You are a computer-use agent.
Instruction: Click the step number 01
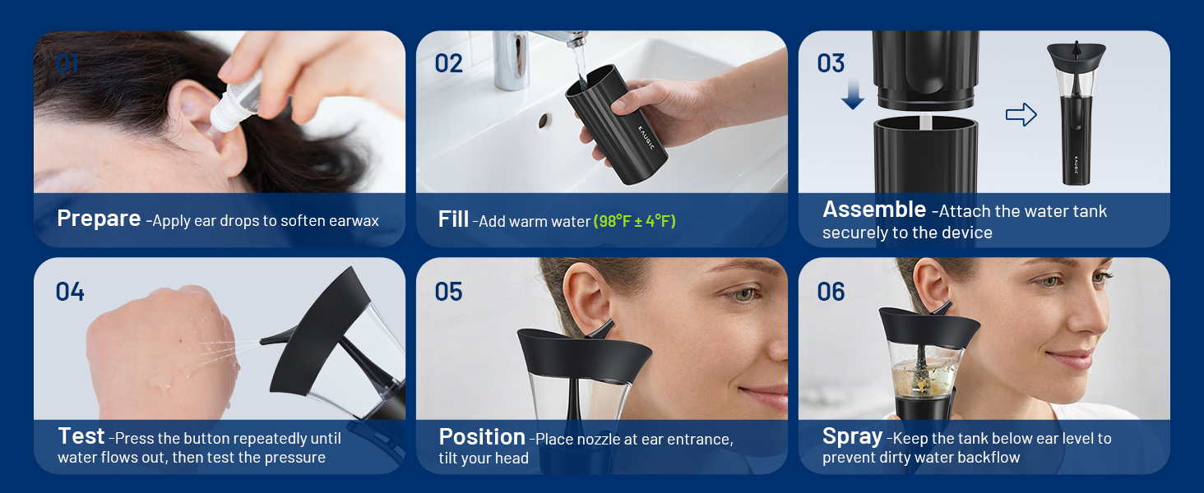pos(67,63)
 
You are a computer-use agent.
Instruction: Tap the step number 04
pos(70,292)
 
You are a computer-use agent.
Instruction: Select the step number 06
pos(831,292)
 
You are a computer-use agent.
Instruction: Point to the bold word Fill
pos(453,219)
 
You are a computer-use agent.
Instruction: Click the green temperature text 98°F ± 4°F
pos(635,221)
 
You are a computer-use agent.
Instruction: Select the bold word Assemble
pos(874,210)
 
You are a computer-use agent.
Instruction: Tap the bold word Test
pos(81,436)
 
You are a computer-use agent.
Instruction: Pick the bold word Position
pos(482,437)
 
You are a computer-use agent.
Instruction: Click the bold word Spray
pos(853,437)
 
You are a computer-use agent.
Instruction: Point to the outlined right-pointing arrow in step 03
pos(1021,114)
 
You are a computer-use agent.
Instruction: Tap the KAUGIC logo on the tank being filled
pos(646,137)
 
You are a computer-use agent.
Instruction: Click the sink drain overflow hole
pos(544,122)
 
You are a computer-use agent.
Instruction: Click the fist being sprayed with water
pos(161,352)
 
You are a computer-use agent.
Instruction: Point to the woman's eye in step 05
pos(743,294)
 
